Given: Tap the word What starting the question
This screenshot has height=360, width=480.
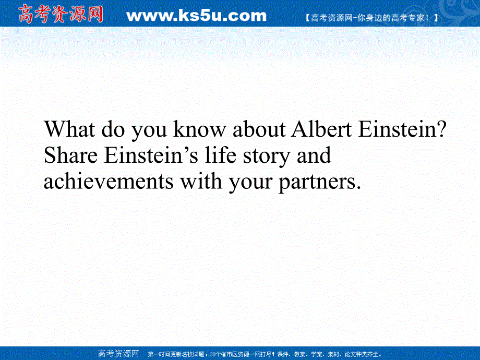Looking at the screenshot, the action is pos(69,129).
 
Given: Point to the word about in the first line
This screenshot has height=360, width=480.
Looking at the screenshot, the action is pos(259,129).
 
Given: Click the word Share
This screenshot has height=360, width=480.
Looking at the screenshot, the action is pos(71,155).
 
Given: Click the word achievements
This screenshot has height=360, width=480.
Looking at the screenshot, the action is pos(109,181).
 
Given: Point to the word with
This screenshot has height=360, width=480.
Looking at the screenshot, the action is pos(201,181).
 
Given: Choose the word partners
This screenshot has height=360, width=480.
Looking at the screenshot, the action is pos(320,183).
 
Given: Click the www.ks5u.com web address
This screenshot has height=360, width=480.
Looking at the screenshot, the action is pos(197,16).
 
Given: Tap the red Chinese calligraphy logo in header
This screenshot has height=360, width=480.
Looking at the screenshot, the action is pos(61,14).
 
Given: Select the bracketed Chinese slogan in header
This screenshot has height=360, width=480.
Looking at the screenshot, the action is pos(372,18).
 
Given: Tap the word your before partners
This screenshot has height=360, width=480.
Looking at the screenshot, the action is pos(250,183).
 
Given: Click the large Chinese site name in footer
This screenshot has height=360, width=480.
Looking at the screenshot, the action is pos(118,354).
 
